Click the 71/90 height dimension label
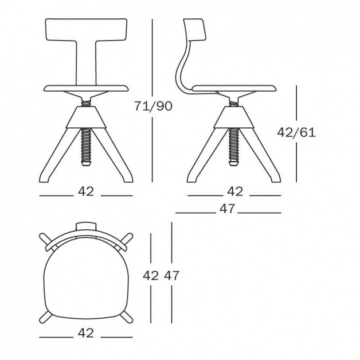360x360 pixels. [153, 106]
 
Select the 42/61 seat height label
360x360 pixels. [296, 132]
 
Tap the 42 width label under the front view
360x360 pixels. [86, 191]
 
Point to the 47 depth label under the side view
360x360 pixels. [227, 209]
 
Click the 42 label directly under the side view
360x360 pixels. [235, 191]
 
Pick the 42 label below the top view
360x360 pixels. [86, 333]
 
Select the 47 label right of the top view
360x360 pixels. [171, 276]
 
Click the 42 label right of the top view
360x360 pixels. [151, 276]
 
